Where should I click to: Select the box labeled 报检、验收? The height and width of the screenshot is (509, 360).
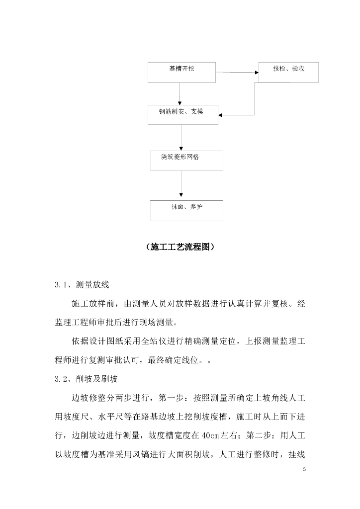pyautogui.click(x=288, y=72)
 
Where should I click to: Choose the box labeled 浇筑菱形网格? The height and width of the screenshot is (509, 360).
pyautogui.click(x=186, y=160)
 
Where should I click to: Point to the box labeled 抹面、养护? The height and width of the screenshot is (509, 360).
pyautogui.click(x=186, y=210)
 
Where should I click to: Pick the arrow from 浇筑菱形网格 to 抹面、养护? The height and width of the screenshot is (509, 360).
pyautogui.click(x=181, y=185)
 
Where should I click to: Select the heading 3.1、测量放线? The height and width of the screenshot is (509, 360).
pyautogui.click(x=82, y=285)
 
